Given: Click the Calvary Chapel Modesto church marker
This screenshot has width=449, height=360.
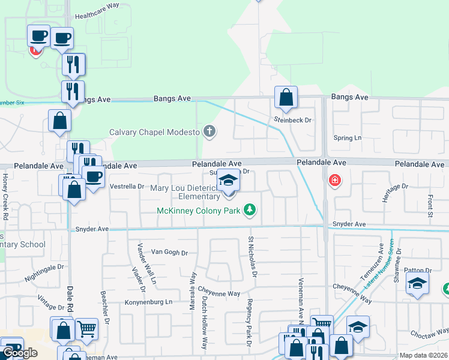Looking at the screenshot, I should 209,131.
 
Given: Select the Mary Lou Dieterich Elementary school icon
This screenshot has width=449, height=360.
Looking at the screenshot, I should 228,180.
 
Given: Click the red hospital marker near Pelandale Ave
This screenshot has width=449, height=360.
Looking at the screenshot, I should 334,180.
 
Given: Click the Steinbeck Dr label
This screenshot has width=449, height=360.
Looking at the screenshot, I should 294,120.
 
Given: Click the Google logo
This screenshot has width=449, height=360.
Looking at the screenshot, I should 20,353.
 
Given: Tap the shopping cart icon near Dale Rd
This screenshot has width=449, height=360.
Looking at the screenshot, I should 86,328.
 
